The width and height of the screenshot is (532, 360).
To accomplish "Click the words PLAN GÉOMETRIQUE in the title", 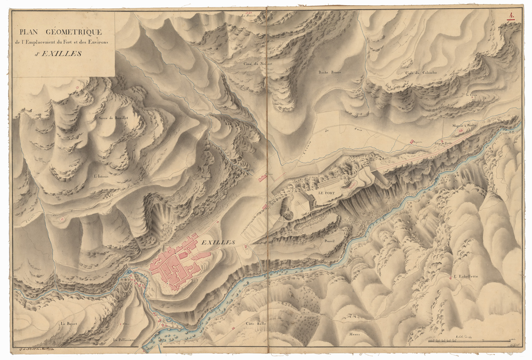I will coord(60,32).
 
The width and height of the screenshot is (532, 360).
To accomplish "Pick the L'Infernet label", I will coord(101,176).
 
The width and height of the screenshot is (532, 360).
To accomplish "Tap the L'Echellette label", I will coord(466,276).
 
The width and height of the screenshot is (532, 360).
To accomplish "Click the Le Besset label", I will coord(67,324).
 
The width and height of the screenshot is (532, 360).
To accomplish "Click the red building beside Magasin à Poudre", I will coord(460,131).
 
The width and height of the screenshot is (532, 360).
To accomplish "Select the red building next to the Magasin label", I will coord(411,141).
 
